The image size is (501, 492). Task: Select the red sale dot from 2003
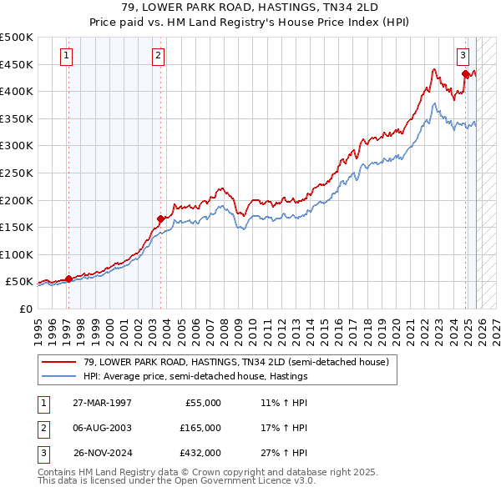[x=159, y=218]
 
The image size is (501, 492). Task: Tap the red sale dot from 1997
[x=68, y=279]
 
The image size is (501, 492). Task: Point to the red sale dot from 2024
[x=465, y=73]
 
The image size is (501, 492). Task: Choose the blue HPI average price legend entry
[x=195, y=376]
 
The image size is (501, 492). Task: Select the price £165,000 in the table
[x=200, y=428]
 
